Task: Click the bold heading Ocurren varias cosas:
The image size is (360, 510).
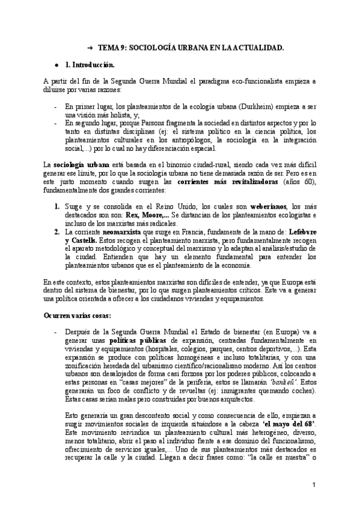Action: coord(76,315)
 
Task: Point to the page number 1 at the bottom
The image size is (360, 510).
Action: coord(314,485)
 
